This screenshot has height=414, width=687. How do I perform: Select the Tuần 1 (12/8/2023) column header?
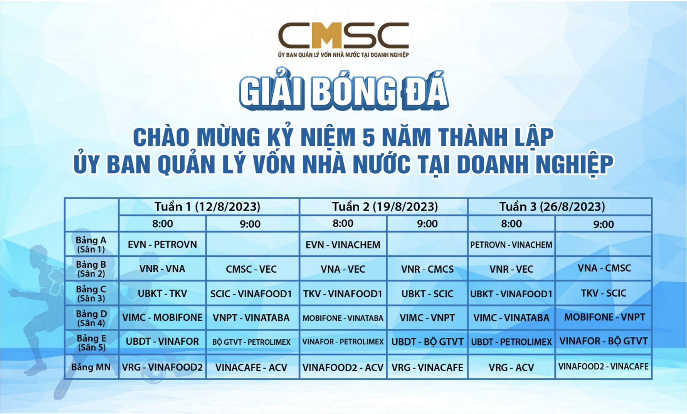(208, 207)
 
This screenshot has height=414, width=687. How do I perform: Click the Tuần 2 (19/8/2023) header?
(385, 207)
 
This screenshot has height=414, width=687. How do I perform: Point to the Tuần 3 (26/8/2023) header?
(552, 207)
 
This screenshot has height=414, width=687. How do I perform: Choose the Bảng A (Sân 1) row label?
(91, 245)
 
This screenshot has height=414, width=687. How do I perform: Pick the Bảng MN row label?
(91, 367)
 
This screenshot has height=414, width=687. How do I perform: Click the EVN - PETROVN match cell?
(163, 245)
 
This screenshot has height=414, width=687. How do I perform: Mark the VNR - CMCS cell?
(427, 269)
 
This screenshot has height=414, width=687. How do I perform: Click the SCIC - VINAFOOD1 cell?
(251, 294)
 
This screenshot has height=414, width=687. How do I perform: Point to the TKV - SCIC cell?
(604, 293)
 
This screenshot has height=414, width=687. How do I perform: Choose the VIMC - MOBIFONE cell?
(163, 317)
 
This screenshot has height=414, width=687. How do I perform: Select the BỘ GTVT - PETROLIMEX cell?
(252, 342)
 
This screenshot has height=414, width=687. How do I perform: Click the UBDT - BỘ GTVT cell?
(427, 342)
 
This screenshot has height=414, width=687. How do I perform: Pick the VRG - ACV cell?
(511, 368)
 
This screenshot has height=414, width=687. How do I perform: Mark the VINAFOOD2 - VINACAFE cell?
(604, 367)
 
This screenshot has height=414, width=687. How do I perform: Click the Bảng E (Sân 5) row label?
(91, 343)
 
